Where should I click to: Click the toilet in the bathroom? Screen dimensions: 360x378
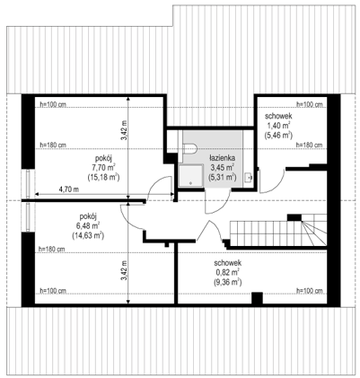pos(189,149)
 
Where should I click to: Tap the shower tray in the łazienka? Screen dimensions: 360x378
pos(191,176)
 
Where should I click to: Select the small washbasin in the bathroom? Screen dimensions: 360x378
pos(248,178)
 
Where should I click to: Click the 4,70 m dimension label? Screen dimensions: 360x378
pos(69,189)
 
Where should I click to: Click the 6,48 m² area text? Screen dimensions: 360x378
pos(88,225)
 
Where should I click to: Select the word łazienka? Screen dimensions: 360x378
pos(222,158)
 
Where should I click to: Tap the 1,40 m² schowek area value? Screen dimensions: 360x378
pos(278,125)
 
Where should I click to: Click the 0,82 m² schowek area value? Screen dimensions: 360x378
pos(227,272)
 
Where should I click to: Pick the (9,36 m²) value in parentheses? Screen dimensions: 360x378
pos(228,282)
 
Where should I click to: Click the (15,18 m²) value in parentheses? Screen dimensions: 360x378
pos(104,177)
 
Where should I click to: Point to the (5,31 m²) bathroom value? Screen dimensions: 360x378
pos(222,177)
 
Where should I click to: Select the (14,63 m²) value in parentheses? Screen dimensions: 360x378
pos(88,235)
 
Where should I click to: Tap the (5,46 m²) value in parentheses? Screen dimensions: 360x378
pos(278,135)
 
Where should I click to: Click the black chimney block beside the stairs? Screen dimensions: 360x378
pos(294,217)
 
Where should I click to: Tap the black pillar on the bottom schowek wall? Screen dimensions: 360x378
pos(257,298)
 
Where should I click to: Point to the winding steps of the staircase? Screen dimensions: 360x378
pos(314,230)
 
